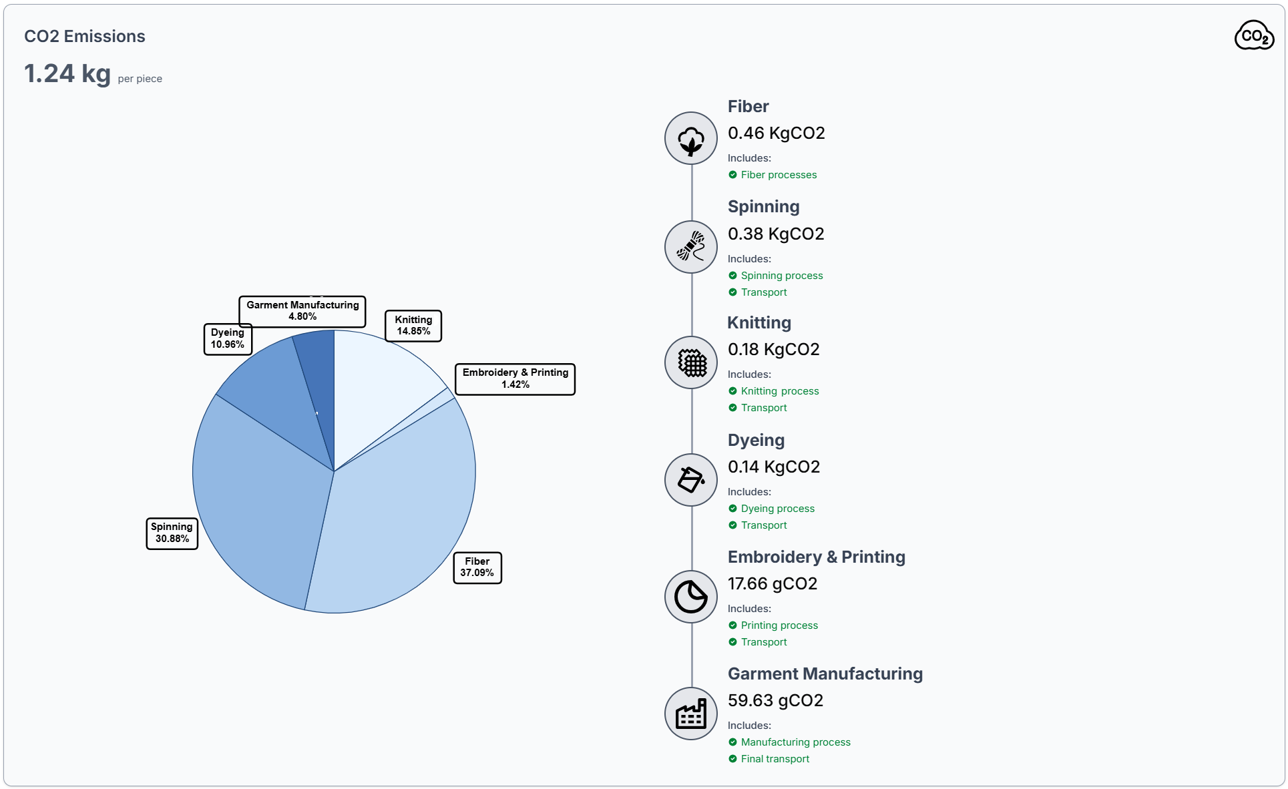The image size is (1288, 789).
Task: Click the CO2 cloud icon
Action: [1254, 36]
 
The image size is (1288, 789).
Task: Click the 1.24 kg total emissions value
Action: [67, 73]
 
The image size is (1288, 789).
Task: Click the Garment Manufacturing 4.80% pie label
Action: [302, 311]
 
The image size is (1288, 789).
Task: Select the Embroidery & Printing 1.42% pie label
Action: [515, 378]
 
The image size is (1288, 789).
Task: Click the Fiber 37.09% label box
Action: [477, 567]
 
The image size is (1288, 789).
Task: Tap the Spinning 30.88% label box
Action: [172, 533]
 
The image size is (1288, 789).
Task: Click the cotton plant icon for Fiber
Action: [691, 138]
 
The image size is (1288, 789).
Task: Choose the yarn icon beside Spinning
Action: [691, 247]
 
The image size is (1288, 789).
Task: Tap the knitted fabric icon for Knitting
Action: [691, 362]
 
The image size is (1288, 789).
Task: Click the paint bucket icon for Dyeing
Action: [691, 480]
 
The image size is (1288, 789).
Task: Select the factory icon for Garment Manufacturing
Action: [691, 714]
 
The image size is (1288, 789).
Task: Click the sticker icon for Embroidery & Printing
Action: [691, 597]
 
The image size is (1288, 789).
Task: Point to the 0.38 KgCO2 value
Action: [776, 234]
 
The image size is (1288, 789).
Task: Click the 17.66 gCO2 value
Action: [773, 584]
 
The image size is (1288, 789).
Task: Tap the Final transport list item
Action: [775, 759]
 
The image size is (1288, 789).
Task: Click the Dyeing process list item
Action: [777, 509]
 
